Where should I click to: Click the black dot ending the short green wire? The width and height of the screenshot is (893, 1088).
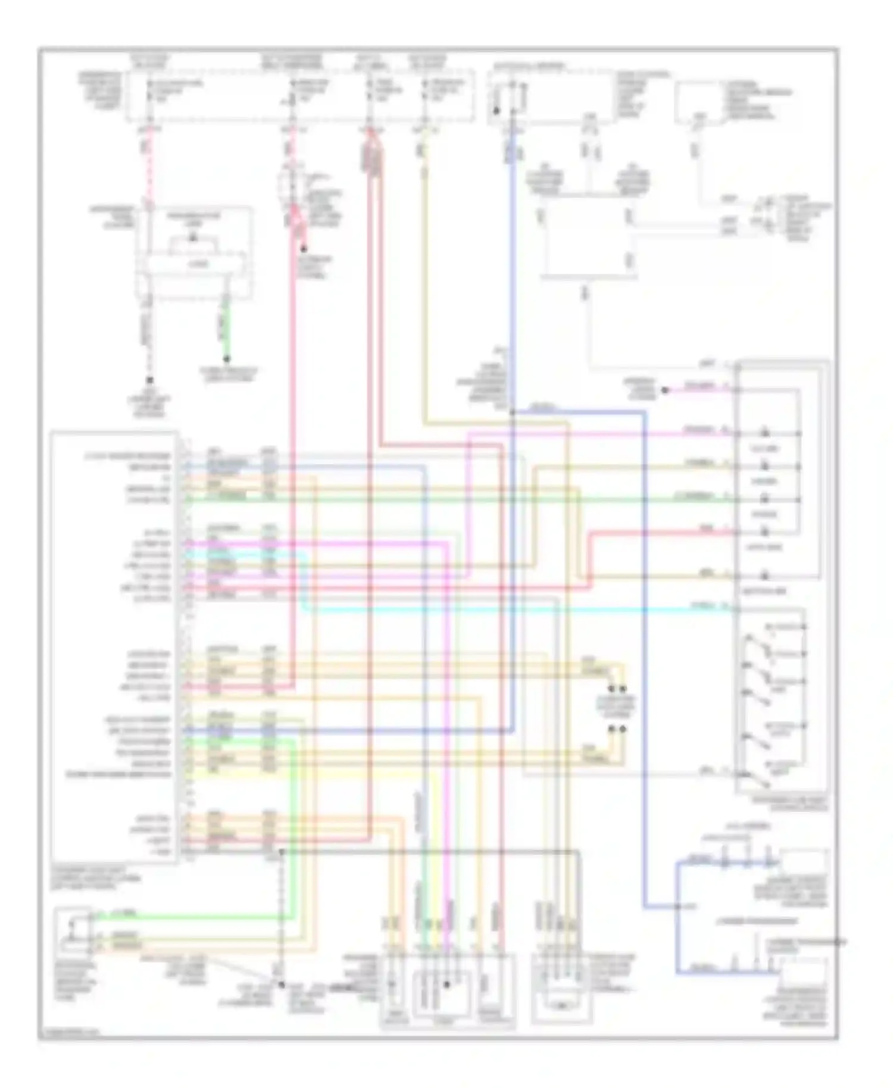226,359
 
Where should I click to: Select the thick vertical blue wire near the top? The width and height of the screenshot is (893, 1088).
512,268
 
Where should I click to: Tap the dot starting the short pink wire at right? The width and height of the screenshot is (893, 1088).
666,390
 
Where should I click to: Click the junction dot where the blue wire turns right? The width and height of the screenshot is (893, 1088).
512,411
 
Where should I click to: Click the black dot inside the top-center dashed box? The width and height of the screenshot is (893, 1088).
496,110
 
